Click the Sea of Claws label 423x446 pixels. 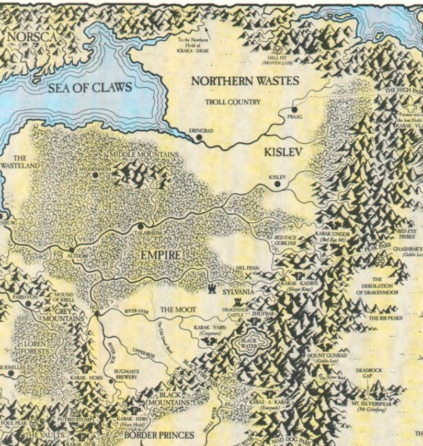(x=90, y=87)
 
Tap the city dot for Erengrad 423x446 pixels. (x=199, y=137)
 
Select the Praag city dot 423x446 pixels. (x=294, y=110)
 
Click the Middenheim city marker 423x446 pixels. (x=96, y=176)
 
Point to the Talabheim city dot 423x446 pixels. (x=141, y=226)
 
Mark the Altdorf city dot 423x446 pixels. (x=73, y=249)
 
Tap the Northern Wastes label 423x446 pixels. (x=245, y=81)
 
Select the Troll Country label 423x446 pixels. (x=232, y=102)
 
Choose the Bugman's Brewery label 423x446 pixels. (x=125, y=374)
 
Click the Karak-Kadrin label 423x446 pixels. (x=300, y=283)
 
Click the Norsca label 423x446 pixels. (x=31, y=37)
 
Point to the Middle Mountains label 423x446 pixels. (x=144, y=155)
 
